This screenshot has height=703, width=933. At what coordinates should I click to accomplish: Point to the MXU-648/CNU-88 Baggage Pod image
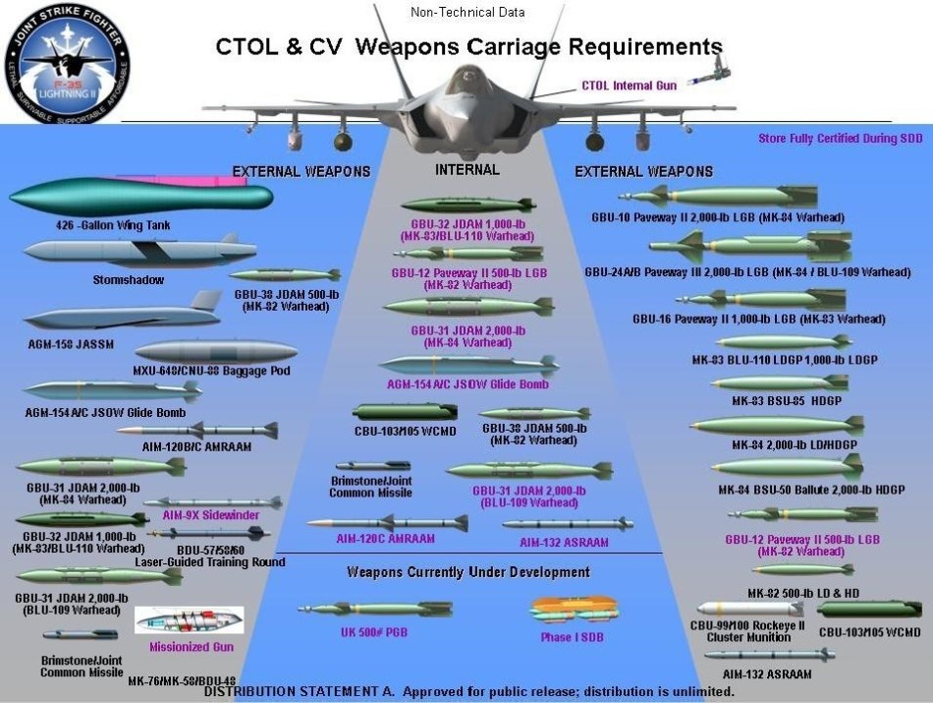point(216,351)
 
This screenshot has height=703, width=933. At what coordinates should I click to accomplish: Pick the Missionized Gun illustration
point(189,620)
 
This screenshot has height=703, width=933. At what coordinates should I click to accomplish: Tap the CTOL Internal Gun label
point(630,86)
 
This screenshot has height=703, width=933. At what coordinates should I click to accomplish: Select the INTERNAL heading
point(466,170)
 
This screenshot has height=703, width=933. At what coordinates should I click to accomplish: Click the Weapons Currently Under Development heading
point(467,572)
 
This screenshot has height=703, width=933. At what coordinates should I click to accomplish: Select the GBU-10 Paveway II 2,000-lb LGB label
point(718,217)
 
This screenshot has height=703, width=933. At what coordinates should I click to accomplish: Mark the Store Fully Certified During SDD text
point(840,139)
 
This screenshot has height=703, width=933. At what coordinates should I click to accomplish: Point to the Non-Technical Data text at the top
point(466,13)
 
